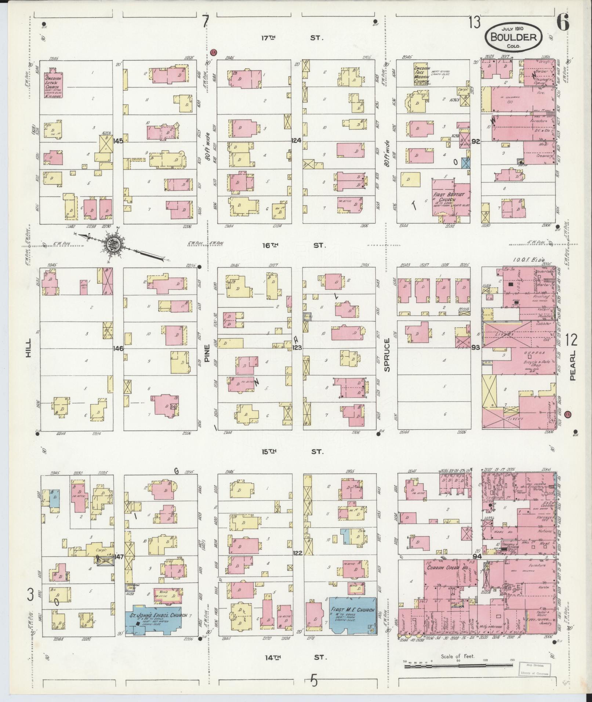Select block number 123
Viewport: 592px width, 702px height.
pos(297,347)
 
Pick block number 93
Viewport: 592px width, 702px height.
pos(476,347)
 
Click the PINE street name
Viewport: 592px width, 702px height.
pos(207,353)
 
